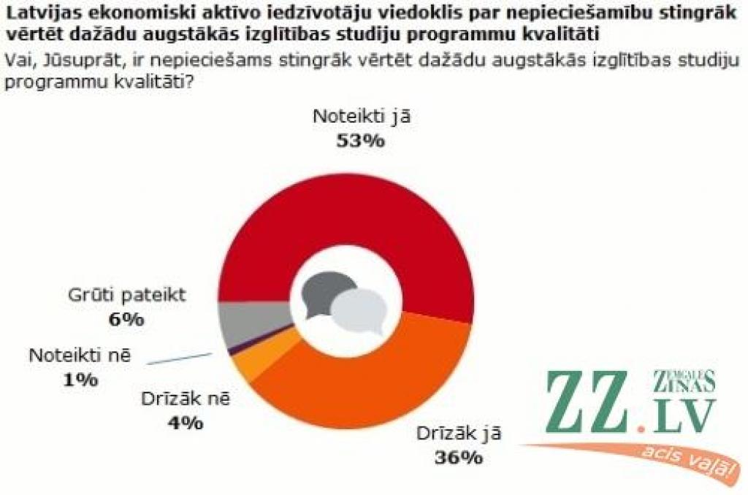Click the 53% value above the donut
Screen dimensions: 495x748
[x=359, y=141]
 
